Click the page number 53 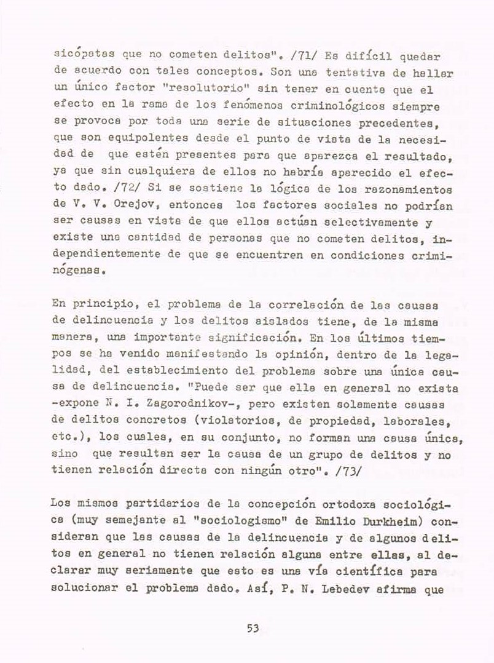coord(253,628)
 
